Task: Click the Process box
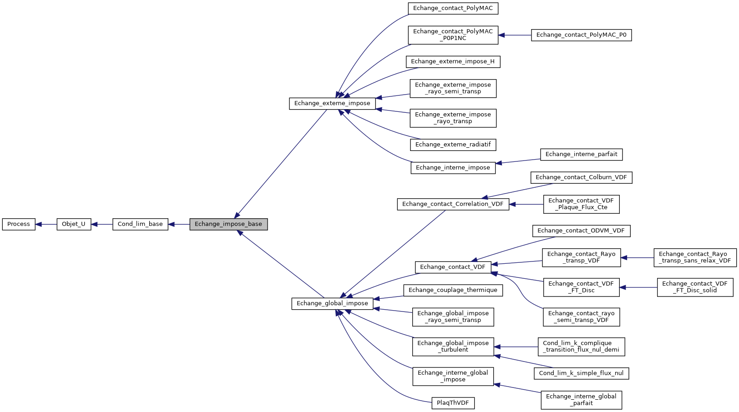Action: (19, 224)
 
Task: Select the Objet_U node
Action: (74, 224)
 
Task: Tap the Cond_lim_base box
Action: (140, 224)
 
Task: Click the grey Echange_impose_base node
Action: (228, 224)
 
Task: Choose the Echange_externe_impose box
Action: (332, 104)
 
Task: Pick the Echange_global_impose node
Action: (332, 303)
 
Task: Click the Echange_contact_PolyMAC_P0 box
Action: (581, 35)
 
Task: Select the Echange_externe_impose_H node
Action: (453, 62)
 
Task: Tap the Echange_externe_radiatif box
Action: (453, 145)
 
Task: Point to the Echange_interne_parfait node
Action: (581, 155)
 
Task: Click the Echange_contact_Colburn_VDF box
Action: (581, 177)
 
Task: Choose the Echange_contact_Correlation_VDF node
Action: (453, 204)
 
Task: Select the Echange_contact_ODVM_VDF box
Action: (581, 231)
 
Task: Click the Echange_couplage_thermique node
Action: (453, 290)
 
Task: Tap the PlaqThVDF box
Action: (453, 403)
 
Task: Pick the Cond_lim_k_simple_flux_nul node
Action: (581, 373)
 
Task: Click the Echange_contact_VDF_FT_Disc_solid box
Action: (695, 287)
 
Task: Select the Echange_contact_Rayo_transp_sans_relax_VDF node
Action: (695, 258)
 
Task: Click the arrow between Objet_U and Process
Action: (46, 224)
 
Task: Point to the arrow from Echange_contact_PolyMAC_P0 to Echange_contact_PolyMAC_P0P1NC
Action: (515, 35)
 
